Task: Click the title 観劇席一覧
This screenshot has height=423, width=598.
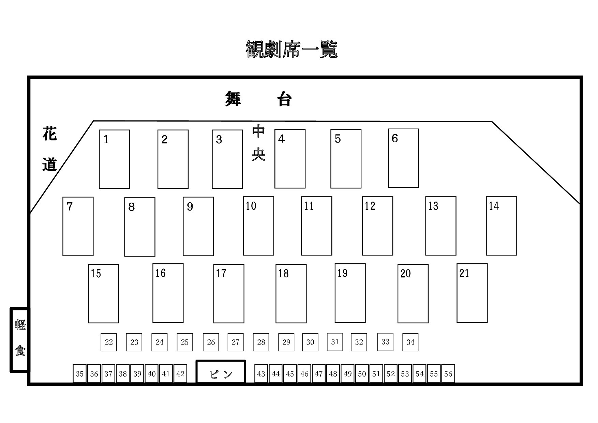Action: click(x=291, y=49)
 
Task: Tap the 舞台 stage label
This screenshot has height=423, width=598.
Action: click(x=258, y=99)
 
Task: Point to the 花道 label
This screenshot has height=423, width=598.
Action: click(x=49, y=149)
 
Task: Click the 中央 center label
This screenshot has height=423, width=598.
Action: click(x=258, y=143)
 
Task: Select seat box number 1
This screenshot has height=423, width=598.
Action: click(x=114, y=159)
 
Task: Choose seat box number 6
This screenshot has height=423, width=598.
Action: click(x=403, y=158)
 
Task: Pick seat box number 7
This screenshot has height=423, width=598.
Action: click(x=78, y=226)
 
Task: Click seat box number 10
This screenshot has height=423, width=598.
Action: click(x=258, y=226)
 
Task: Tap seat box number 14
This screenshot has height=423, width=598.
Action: click(x=501, y=226)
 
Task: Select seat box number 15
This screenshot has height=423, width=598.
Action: click(x=103, y=293)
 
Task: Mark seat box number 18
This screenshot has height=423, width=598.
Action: click(x=291, y=293)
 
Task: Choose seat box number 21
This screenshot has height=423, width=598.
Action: click(x=472, y=293)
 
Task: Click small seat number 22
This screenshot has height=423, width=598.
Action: click(x=109, y=342)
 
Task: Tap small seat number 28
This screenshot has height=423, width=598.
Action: click(x=261, y=342)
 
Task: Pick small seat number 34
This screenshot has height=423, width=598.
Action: click(x=410, y=342)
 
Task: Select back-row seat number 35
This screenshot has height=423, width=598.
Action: click(x=79, y=374)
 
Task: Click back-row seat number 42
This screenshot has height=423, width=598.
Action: click(x=180, y=374)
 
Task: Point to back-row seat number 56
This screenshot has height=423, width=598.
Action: click(x=448, y=374)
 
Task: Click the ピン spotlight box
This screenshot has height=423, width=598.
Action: click(x=221, y=372)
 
